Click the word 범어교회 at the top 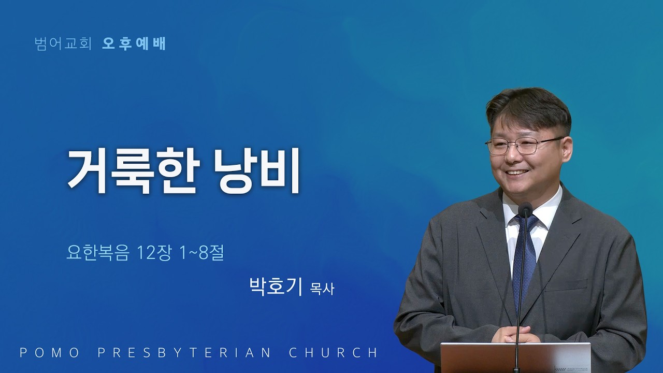[63, 44]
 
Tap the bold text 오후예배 [134, 44]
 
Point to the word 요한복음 [98, 253]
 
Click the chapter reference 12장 [154, 253]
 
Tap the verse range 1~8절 [202, 253]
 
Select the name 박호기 [276, 286]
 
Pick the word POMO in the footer [50, 353]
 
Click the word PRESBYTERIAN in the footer [184, 353]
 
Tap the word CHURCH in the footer [333, 353]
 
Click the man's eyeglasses [523, 146]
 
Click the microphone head [525, 208]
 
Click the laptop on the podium [515, 357]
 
